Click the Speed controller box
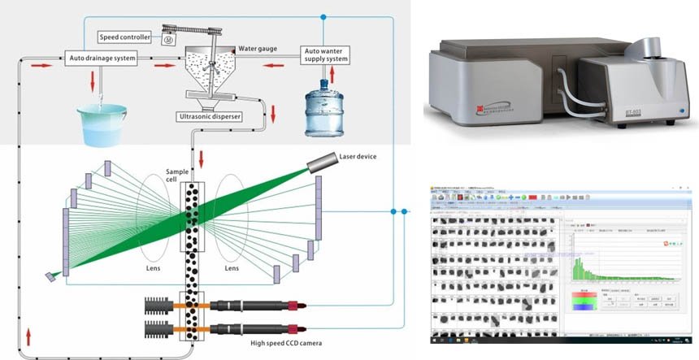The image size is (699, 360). point(125,37)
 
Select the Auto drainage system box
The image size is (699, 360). point(101,58)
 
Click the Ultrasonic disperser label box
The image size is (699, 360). point(209,116)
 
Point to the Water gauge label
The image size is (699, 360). point(258,48)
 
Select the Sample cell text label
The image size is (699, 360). point(177,178)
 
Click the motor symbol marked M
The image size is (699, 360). point(167,39)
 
